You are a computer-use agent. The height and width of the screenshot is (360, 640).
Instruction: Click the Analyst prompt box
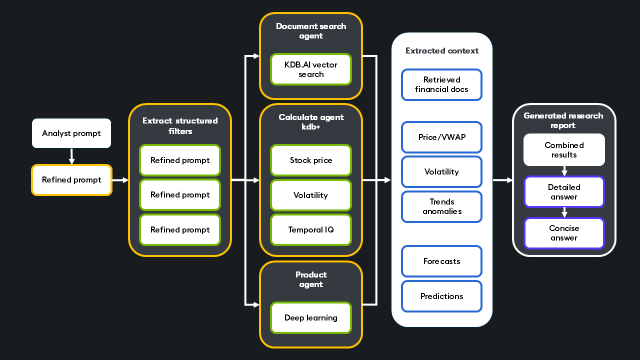pyautogui.click(x=71, y=133)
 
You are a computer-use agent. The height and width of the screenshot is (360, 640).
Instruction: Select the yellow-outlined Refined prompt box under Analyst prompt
pyautogui.click(x=71, y=180)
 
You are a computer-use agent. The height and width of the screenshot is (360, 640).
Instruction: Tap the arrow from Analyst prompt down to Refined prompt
pyautogui.click(x=71, y=156)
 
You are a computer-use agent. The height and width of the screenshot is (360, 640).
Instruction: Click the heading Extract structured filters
pyautogui.click(x=180, y=125)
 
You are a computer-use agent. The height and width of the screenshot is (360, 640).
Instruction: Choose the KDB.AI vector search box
pyautogui.click(x=311, y=69)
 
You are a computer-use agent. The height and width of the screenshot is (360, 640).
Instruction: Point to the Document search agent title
pyautogui.click(x=311, y=31)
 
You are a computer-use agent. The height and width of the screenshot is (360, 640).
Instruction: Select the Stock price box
pyautogui.click(x=311, y=160)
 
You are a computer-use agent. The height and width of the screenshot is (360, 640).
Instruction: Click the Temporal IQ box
pyautogui.click(x=311, y=230)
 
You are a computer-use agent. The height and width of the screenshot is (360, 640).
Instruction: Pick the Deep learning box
pyautogui.click(x=311, y=318)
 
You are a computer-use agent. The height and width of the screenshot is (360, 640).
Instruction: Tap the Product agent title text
pyautogui.click(x=311, y=279)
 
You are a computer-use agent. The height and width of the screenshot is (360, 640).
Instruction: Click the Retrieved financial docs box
pyautogui.click(x=441, y=84)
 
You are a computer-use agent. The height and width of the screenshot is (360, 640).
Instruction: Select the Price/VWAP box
pyautogui.click(x=441, y=137)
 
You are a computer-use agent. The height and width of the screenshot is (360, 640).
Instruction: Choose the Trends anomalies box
pyautogui.click(x=441, y=206)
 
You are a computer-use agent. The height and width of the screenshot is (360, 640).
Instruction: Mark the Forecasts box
pyautogui.click(x=441, y=261)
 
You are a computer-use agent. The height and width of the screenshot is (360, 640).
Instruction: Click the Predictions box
pyautogui.click(x=441, y=296)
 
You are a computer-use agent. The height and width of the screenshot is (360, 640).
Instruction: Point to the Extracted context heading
pyautogui.click(x=442, y=51)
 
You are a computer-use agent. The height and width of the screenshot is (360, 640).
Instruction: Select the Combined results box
pyautogui.click(x=564, y=150)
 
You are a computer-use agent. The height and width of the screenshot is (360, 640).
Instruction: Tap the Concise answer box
pyautogui.click(x=564, y=233)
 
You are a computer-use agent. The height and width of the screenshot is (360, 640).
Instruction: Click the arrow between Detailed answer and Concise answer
pyautogui.click(x=564, y=212)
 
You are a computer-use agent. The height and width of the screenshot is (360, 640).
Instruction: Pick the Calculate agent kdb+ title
pyautogui.click(x=311, y=122)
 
